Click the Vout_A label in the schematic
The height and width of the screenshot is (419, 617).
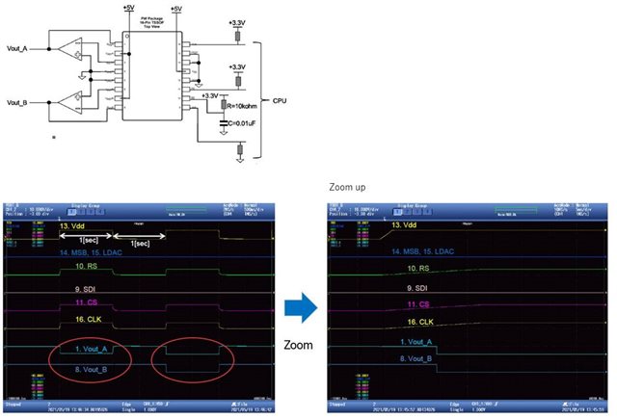coord(17,49)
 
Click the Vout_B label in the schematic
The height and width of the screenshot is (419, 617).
coord(17,101)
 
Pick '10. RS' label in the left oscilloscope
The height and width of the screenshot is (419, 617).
coord(87,266)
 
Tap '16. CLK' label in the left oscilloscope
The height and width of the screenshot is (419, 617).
coord(87,319)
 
